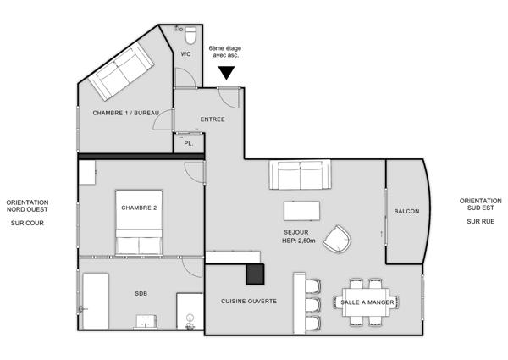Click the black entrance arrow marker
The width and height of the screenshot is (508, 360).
click(x=226, y=72)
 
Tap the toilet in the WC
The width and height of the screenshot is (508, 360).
click(x=190, y=36)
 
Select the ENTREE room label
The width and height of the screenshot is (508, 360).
click(x=213, y=119)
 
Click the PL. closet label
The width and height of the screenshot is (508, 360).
click(x=189, y=143)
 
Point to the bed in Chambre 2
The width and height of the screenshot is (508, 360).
click(x=139, y=222)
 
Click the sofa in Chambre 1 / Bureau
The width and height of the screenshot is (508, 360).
click(x=121, y=71)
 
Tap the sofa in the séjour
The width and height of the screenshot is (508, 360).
click(x=300, y=174)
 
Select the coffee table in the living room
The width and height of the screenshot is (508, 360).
click(x=301, y=211)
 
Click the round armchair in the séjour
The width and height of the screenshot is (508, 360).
click(x=338, y=239)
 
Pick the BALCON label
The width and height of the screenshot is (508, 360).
click(x=406, y=211)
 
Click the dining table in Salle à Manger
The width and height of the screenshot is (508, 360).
click(x=366, y=302)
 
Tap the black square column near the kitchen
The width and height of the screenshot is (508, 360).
click(x=255, y=274)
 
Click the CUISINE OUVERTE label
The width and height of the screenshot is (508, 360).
click(x=249, y=302)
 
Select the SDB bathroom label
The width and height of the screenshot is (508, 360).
click(x=141, y=294)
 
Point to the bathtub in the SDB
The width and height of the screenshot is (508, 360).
click(x=96, y=301)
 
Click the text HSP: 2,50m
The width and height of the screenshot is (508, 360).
click(x=298, y=241)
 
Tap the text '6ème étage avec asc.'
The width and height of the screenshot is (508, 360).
click(x=225, y=52)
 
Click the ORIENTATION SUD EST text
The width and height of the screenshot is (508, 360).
click(x=480, y=204)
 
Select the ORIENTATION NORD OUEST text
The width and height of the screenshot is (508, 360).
click(x=27, y=206)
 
